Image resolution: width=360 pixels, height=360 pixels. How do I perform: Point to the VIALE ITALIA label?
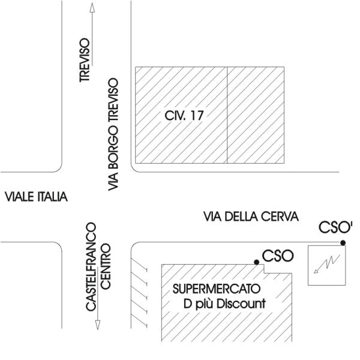pos(35,197)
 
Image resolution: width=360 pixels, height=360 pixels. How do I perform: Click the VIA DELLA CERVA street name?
pos(251,217)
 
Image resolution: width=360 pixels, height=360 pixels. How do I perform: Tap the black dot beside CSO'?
pos(343,242)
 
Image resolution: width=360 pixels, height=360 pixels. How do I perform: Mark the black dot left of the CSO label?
pos(257,262)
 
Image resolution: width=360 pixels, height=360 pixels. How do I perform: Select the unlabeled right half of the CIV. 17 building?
pos(255,115)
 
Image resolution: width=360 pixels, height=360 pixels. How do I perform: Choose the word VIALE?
pos(19,197)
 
